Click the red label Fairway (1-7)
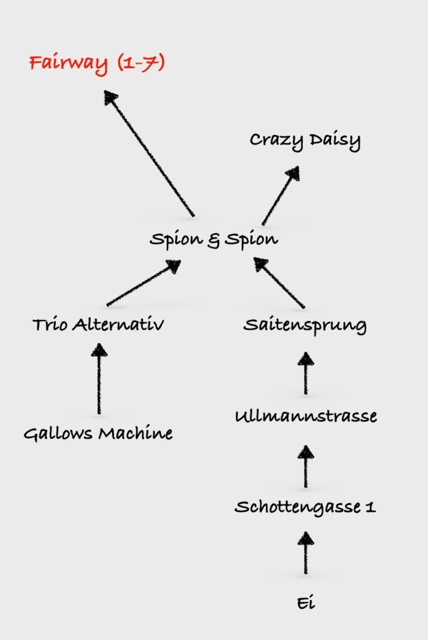97,63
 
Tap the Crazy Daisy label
305,140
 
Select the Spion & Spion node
214,239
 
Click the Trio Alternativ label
98,325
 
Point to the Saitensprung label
305,325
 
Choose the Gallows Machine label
98,433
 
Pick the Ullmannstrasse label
306,416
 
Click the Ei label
306,603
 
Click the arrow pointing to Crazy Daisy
280,196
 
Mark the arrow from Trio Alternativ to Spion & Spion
143,283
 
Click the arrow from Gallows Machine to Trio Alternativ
99,379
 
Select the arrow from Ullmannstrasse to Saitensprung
306,373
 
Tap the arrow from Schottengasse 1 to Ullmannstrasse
306,467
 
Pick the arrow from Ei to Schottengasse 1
306,553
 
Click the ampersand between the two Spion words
214,240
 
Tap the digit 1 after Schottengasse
370,507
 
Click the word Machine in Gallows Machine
135,433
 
